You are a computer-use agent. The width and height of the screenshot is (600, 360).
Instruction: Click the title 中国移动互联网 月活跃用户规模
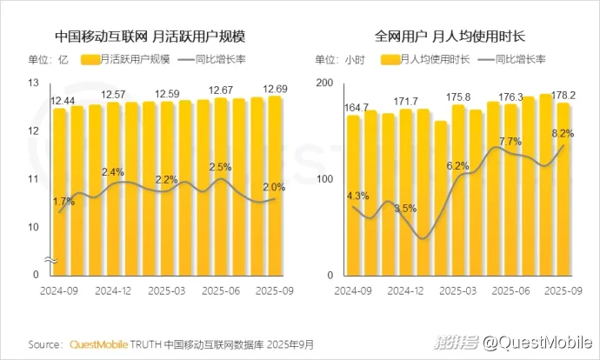(x=150, y=37)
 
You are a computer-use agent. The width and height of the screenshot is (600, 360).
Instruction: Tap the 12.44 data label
(x=62, y=102)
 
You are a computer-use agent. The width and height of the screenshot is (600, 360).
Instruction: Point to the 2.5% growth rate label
(x=219, y=167)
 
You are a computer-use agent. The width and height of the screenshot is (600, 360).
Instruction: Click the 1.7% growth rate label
(x=63, y=202)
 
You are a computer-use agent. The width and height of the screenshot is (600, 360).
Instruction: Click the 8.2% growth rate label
(x=563, y=133)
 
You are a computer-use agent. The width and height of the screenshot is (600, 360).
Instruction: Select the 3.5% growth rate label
(x=406, y=209)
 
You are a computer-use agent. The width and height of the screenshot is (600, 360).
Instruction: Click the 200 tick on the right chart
(x=324, y=83)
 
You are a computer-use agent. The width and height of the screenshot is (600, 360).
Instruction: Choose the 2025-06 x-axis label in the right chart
(x=510, y=289)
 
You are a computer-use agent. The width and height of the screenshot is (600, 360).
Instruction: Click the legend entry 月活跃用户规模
(x=133, y=60)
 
